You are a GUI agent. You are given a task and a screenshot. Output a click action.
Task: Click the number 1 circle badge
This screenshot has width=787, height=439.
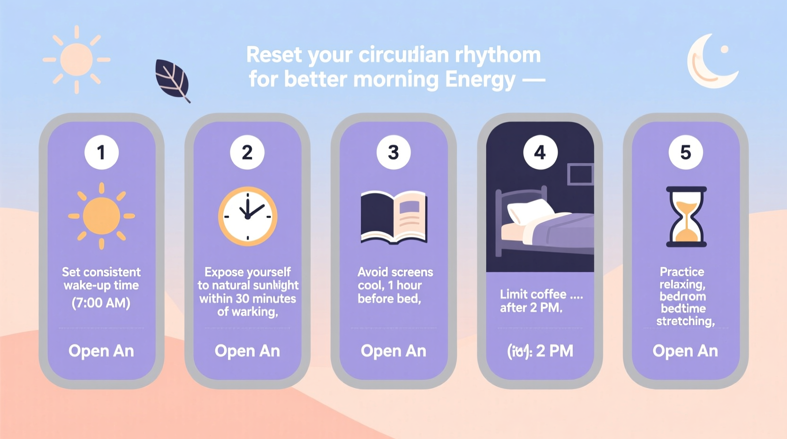click(101, 152)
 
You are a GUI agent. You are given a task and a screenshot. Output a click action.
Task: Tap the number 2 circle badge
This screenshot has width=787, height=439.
click(247, 152)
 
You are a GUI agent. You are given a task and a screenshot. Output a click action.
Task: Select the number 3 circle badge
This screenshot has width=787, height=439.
click(393, 152)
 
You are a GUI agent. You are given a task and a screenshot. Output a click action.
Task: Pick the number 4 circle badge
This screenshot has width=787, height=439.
click(540, 152)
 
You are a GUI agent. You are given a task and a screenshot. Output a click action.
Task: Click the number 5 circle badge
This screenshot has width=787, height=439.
click(685, 152)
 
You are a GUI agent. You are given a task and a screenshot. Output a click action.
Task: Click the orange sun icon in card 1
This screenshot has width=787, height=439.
click(101, 216)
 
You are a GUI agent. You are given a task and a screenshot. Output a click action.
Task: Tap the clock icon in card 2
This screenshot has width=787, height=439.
click(247, 216)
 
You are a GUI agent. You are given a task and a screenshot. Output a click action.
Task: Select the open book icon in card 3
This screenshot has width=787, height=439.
click(393, 217)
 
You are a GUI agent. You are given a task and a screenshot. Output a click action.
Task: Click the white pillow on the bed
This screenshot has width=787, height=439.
click(529, 211)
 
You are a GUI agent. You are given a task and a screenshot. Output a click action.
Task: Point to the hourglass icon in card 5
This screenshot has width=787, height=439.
click(686, 217)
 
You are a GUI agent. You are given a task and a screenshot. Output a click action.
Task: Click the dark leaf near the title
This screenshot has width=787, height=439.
click(172, 79)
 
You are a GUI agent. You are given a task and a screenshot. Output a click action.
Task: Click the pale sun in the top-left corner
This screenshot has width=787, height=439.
click(77, 60)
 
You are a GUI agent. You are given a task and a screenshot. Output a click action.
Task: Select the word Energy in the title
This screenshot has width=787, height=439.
click(480, 79)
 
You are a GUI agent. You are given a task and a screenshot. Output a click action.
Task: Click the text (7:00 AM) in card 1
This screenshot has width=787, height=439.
click(101, 303)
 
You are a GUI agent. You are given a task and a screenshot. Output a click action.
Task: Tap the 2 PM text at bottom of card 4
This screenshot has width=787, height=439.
click(554, 351)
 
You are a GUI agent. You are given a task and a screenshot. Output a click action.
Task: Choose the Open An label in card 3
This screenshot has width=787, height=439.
click(393, 351)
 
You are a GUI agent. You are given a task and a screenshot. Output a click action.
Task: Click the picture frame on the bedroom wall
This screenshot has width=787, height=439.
click(580, 174)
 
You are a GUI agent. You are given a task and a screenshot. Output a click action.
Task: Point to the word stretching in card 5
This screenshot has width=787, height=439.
click(685, 321)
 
